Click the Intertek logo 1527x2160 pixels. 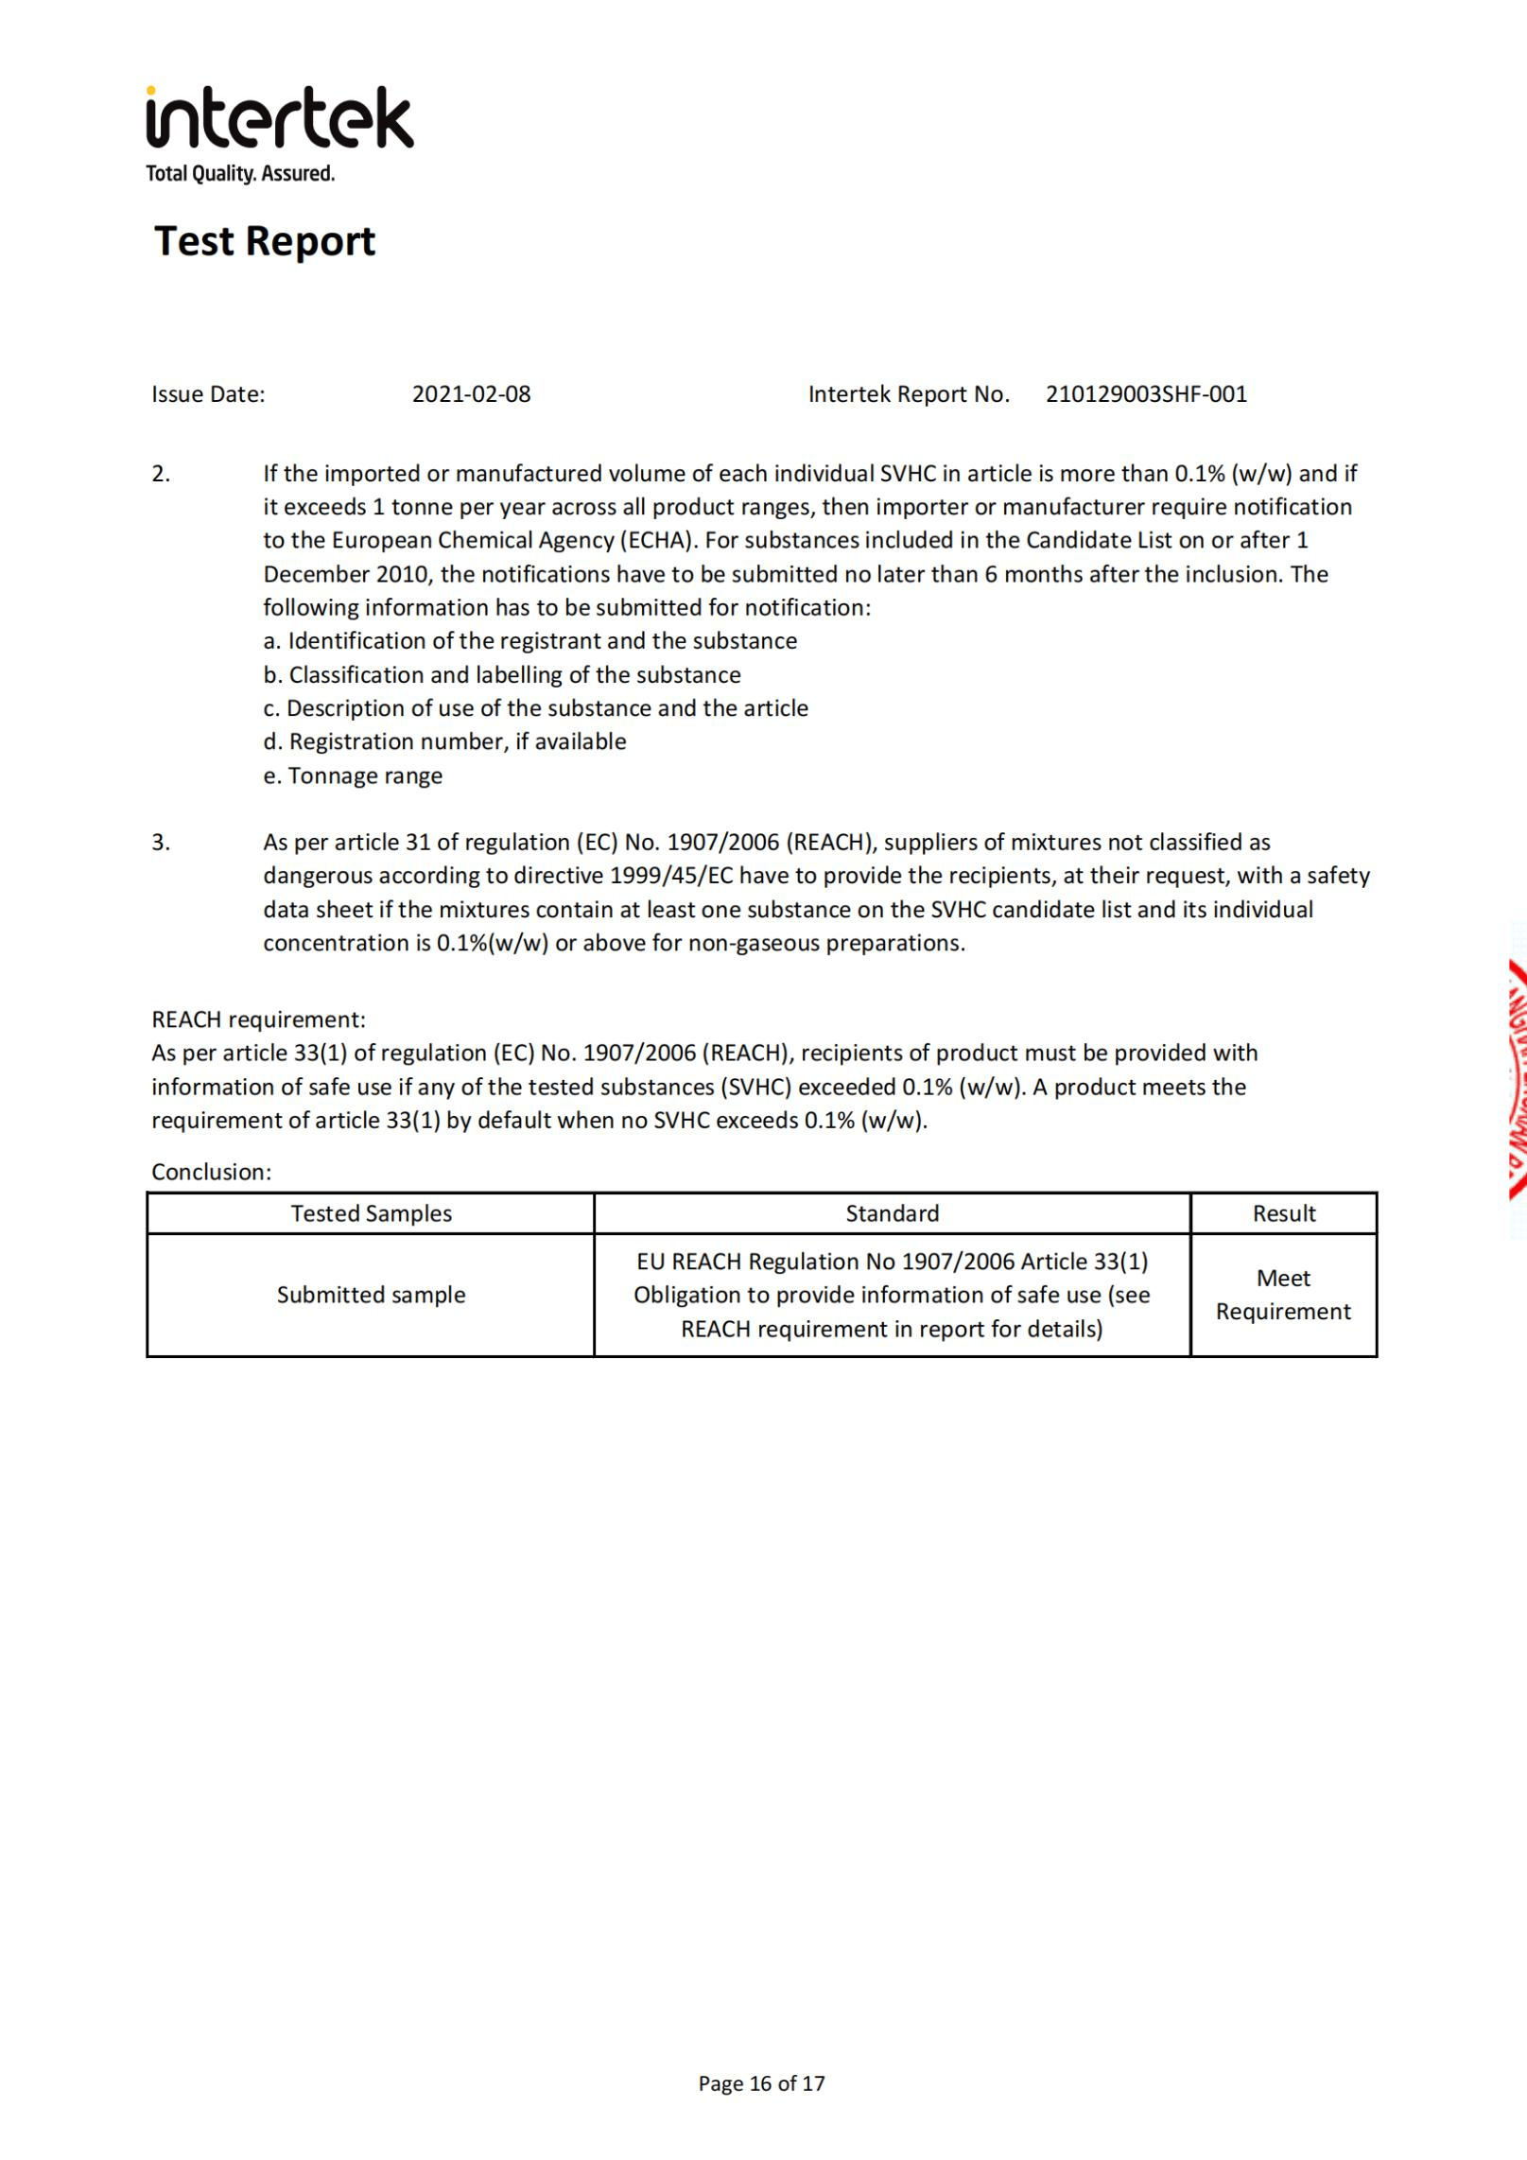click(279, 119)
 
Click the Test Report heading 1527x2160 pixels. click(265, 241)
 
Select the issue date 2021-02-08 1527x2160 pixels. click(471, 394)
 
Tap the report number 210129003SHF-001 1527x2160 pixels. click(1146, 394)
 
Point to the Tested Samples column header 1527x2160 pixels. click(371, 1213)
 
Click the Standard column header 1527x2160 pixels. click(892, 1213)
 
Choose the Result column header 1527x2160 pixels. click(1283, 1213)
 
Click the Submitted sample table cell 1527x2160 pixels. click(371, 1295)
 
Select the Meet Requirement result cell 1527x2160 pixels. click(1283, 1295)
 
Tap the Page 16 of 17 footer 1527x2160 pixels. click(761, 2082)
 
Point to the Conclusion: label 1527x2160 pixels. click(211, 1172)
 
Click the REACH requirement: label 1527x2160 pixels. click(258, 1019)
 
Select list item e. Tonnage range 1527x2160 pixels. click(353, 775)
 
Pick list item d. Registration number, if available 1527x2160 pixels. click(444, 741)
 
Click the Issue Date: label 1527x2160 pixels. click(208, 394)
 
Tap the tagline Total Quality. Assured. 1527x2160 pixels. click(240, 174)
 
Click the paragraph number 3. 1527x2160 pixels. click(161, 842)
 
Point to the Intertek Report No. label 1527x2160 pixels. click(909, 394)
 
